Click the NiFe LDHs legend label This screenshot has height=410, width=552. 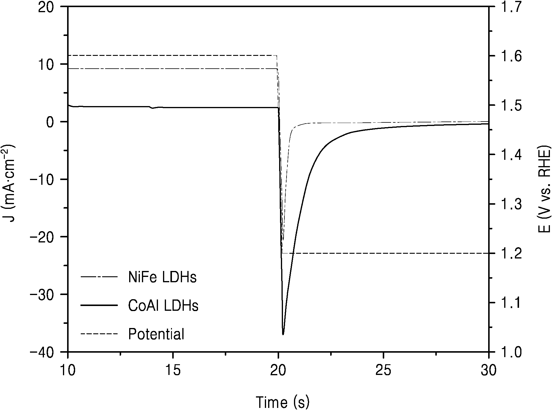point(162,277)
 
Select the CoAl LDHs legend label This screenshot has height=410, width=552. point(163,305)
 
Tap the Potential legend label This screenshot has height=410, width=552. point(156,334)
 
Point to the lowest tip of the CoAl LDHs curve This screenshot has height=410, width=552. point(283,335)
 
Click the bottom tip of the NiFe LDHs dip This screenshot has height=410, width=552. point(283,239)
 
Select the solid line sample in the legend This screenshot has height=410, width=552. point(98,305)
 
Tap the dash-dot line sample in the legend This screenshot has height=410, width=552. point(98,277)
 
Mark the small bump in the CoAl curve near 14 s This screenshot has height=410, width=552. point(153,108)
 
